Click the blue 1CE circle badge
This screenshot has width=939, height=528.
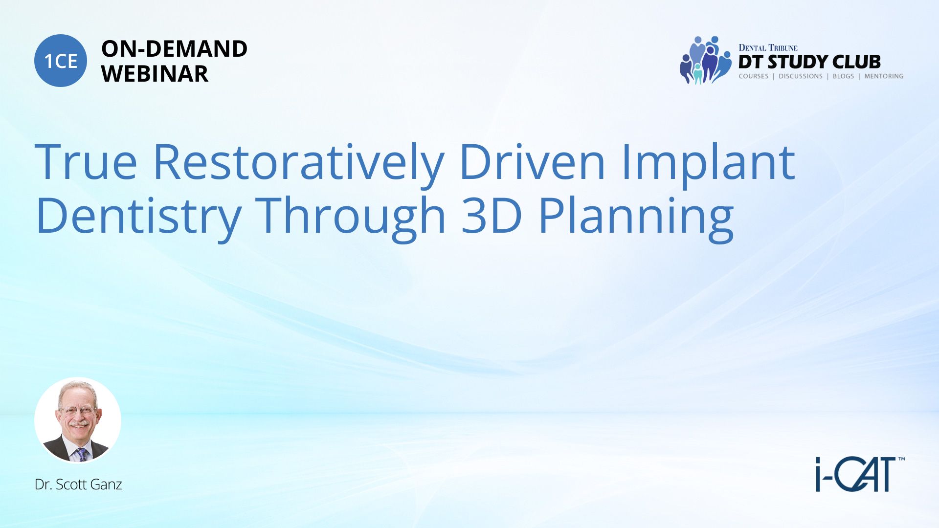[x=61, y=61]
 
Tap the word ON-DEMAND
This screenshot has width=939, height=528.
[x=174, y=49]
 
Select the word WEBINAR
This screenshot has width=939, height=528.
[x=155, y=74]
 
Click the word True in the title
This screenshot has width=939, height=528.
[x=86, y=161]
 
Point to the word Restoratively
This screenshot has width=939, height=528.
[x=299, y=164]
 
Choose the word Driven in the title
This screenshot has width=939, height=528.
[x=533, y=161]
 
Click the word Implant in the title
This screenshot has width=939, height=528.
[x=708, y=164]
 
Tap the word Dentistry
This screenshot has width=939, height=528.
[x=138, y=218]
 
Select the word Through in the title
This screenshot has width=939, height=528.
[x=351, y=218]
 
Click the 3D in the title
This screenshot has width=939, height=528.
[x=492, y=215]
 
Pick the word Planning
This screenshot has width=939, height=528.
[x=636, y=218]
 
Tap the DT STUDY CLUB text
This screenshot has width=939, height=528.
[x=809, y=62]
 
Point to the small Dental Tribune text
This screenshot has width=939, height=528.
[x=768, y=47]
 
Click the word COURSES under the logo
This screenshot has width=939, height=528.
[x=754, y=76]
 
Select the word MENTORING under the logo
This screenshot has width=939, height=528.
[x=884, y=76]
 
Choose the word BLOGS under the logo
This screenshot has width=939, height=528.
[x=843, y=76]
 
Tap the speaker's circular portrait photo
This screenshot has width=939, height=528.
[x=78, y=420]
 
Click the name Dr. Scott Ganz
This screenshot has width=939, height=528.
[x=78, y=484]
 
